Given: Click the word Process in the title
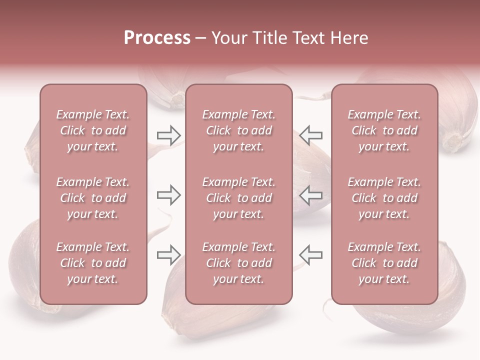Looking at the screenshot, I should click(x=157, y=38).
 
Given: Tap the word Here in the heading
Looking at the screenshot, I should click(x=349, y=38).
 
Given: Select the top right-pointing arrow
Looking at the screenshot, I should click(x=168, y=135).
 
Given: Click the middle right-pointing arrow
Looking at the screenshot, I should click(x=168, y=194).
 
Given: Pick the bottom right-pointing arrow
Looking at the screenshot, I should click(x=168, y=255).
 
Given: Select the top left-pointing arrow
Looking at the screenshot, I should click(x=311, y=135).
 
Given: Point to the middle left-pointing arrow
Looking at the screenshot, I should click(x=311, y=194).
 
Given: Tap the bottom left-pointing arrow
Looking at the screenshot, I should click(x=311, y=255).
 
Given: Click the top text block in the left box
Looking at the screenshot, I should click(x=93, y=130).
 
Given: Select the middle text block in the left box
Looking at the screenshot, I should click(x=93, y=198).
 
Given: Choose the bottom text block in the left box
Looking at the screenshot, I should click(x=93, y=263).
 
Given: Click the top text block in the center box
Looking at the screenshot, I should click(x=238, y=130).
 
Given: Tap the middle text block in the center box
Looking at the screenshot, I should click(x=238, y=198).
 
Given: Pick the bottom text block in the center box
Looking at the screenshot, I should click(x=238, y=263).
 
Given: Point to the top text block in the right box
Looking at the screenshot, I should click(x=384, y=130).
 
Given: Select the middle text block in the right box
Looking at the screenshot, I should click(x=384, y=198).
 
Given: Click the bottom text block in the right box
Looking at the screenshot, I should click(x=384, y=263).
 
